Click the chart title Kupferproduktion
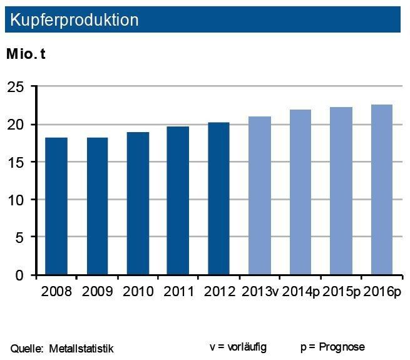71,19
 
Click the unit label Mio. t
26,54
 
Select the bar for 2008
56,206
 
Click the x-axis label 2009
97,292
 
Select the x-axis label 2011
178,292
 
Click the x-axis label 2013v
259,292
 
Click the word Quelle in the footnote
25,347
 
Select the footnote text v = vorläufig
237,346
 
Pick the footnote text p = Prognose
332,346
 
